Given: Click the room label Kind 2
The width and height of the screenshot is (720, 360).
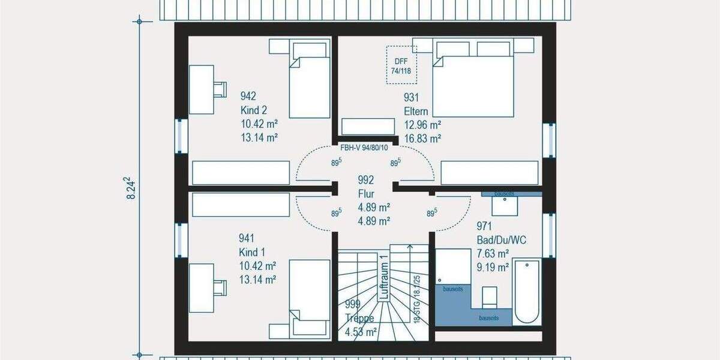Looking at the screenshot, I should pyautogui.click(x=253, y=110).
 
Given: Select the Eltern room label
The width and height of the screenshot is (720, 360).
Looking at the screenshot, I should pyautogui.click(x=416, y=112).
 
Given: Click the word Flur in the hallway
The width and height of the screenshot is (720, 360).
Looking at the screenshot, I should pyautogui.click(x=366, y=193).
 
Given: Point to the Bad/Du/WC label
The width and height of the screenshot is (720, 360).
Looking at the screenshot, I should pyautogui.click(x=501, y=240).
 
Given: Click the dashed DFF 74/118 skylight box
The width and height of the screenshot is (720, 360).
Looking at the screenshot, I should pyautogui.click(x=401, y=62).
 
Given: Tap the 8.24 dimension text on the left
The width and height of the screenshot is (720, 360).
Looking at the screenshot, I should pyautogui.click(x=130, y=188).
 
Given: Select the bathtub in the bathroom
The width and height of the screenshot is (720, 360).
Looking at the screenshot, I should pyautogui.click(x=527, y=291).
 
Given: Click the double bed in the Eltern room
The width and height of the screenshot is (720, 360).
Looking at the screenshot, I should pyautogui.click(x=473, y=79).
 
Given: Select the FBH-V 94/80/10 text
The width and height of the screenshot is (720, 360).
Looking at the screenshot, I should pyautogui.click(x=364, y=147).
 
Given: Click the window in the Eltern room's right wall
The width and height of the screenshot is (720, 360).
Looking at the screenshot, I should pyautogui.click(x=548, y=140).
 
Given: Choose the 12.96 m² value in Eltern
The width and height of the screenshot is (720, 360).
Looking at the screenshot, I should pyautogui.click(x=422, y=125).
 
